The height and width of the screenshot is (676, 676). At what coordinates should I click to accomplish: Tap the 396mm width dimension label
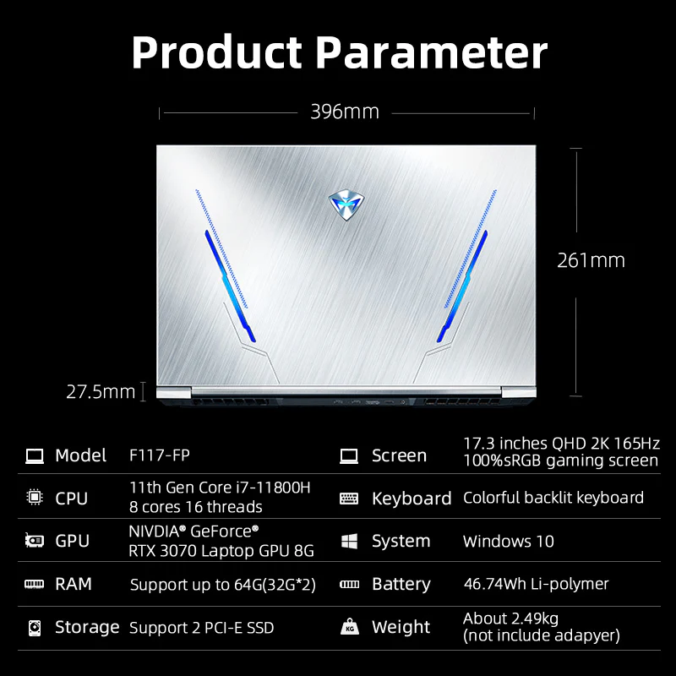coord(344,112)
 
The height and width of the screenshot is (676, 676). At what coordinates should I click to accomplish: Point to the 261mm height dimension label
coord(591,260)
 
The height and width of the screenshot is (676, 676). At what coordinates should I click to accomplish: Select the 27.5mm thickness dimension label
coord(101,391)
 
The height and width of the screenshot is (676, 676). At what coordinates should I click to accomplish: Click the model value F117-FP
coord(160,455)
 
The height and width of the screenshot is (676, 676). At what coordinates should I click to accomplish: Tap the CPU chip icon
coord(35,499)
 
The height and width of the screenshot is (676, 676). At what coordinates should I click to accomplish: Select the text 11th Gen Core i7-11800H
coord(220,487)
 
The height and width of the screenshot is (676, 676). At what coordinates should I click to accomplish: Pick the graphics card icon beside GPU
coord(35,542)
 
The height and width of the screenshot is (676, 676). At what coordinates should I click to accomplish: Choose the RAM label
coord(74,584)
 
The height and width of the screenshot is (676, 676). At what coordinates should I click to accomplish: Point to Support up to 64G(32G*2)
coord(223,585)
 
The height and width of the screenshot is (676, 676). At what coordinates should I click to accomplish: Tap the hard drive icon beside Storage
coord(35,628)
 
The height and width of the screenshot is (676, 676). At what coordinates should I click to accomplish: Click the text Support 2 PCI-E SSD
coord(201,628)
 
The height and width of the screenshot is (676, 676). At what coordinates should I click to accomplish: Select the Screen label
coord(399,455)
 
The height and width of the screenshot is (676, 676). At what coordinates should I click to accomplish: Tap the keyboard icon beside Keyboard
coord(349,499)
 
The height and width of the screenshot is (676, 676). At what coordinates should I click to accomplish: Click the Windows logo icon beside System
coord(349,542)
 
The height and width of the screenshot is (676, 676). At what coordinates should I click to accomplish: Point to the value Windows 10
coord(509,542)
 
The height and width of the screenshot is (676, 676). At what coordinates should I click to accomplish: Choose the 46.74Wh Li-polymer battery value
coord(536,584)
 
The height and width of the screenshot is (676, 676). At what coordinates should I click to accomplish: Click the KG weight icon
coord(349,628)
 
